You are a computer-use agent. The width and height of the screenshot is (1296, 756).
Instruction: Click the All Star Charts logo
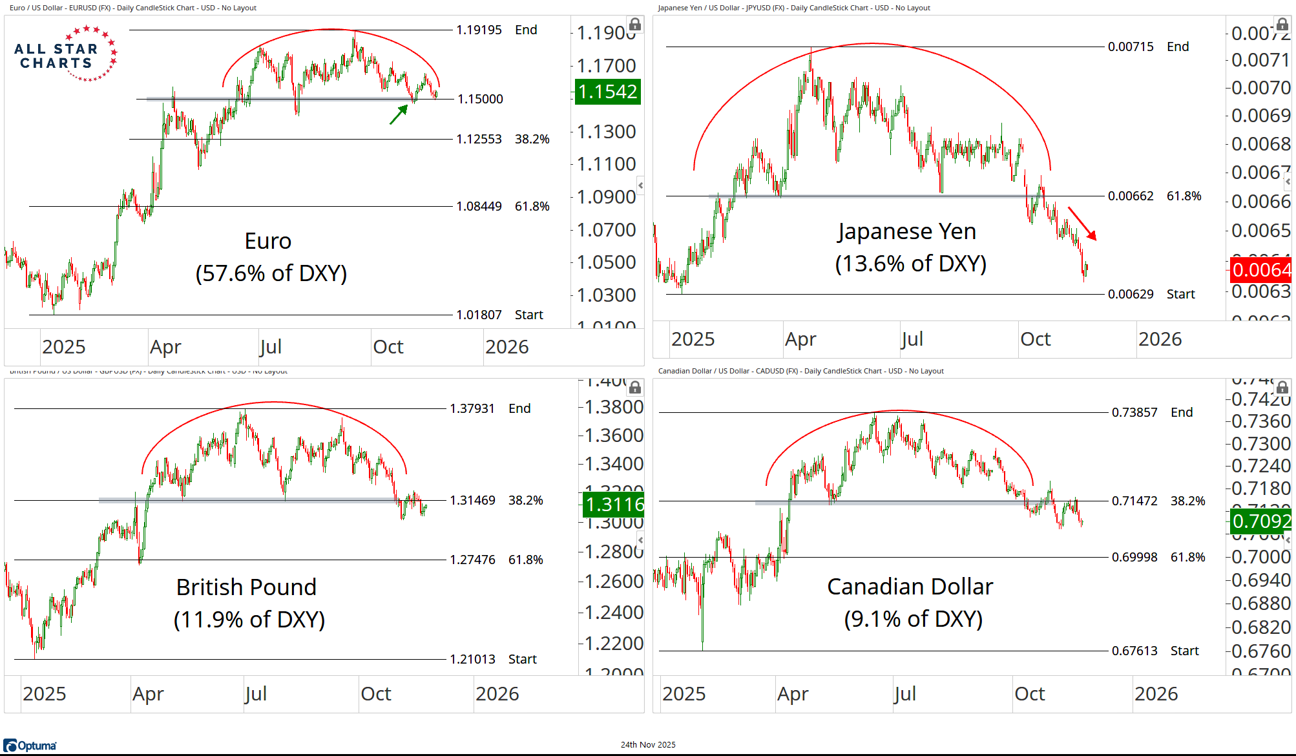point(65,54)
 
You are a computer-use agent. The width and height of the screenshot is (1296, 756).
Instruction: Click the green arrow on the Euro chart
point(399,114)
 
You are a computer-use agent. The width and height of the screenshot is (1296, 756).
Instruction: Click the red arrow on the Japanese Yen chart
point(1082,224)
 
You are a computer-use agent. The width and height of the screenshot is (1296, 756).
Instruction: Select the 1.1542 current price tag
point(607,92)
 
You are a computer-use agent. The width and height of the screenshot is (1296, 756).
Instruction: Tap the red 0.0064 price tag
point(1260,269)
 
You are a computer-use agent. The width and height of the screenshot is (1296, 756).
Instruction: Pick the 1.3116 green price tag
point(614,504)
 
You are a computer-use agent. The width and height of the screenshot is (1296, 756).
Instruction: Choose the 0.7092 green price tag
point(1261,521)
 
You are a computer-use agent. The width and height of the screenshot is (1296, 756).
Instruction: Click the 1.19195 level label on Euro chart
point(479,30)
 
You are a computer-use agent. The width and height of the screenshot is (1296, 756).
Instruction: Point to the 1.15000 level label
point(480,99)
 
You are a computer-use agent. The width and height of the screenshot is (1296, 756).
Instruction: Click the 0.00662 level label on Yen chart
point(1131,196)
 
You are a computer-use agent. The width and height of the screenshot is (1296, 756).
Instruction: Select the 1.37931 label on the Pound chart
point(472,408)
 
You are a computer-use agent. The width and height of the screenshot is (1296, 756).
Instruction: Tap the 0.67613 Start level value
point(1134,651)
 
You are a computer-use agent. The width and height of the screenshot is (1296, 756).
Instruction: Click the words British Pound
point(246,587)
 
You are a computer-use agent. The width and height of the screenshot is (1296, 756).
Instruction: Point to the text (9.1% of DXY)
point(913,619)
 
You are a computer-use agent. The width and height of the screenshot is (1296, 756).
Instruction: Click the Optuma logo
point(30,746)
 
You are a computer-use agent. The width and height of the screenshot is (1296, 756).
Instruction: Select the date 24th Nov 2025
point(648,744)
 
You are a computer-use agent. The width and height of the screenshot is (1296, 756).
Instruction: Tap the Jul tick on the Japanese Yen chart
point(912,339)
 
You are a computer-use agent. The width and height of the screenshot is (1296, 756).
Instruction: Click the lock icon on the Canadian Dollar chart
point(1282,388)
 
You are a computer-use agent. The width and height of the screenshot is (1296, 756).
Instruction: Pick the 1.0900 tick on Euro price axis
point(606,197)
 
